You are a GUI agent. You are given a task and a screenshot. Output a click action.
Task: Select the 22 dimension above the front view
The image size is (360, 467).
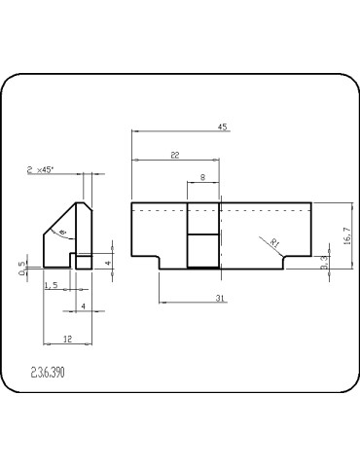tap(174, 155)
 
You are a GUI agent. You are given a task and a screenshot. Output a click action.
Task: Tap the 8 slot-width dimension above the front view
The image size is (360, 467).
tap(202, 177)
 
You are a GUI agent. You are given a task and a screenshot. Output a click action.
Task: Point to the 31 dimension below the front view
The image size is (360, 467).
tap(222, 298)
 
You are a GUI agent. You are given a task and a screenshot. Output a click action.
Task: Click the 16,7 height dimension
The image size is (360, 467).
tap(347, 235)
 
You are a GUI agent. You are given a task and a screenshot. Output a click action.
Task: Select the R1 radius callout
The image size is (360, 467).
tap(274, 243)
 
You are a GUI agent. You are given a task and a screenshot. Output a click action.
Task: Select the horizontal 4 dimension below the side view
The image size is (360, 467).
tap(83, 306)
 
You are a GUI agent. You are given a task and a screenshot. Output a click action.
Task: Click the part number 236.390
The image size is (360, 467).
tap(50, 373)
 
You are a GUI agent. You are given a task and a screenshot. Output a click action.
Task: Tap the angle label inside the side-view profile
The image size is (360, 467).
tap(63, 233)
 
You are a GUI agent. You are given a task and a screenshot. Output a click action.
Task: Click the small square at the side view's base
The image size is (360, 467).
tap(84, 262)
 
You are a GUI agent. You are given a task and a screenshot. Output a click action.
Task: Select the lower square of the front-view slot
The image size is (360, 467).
tap(202, 251)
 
